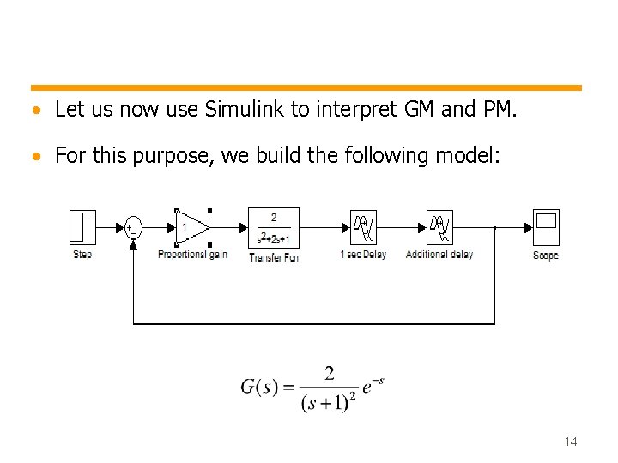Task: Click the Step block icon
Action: [82, 227]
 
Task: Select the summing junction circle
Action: [133, 227]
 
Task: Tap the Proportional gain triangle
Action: [191, 227]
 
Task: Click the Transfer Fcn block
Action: [274, 227]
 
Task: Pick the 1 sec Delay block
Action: [364, 227]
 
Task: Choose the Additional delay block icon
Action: [439, 227]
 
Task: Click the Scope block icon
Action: [546, 227]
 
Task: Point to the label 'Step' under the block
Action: [82, 254]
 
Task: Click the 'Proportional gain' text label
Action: [192, 255]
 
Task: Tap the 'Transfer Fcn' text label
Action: [274, 257]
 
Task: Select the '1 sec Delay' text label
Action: [363, 255]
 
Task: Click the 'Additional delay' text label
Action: [439, 255]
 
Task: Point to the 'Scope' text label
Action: [546, 256]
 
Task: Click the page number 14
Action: [571, 442]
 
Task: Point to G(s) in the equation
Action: [260, 387]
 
